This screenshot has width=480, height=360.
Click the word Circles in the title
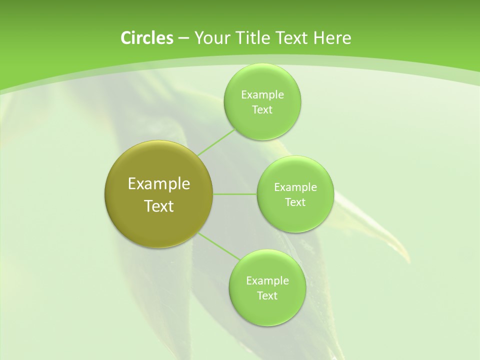[x=146, y=38]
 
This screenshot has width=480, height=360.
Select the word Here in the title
[x=332, y=38]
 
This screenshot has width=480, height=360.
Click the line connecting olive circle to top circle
[x=216, y=142]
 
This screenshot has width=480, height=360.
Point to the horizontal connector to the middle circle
[x=235, y=194]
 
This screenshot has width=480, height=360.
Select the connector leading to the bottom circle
[x=218, y=246]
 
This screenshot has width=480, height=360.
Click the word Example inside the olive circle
[x=159, y=184]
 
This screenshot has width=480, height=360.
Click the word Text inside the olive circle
[x=159, y=206]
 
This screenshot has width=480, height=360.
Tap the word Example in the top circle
[x=262, y=94]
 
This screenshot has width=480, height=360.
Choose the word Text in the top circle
[x=262, y=109]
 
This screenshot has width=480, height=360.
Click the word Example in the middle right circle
[x=295, y=187]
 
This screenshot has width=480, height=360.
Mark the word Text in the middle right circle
[x=295, y=202]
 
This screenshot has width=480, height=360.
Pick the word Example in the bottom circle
[x=267, y=280]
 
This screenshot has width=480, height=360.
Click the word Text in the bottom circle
[x=267, y=295]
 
